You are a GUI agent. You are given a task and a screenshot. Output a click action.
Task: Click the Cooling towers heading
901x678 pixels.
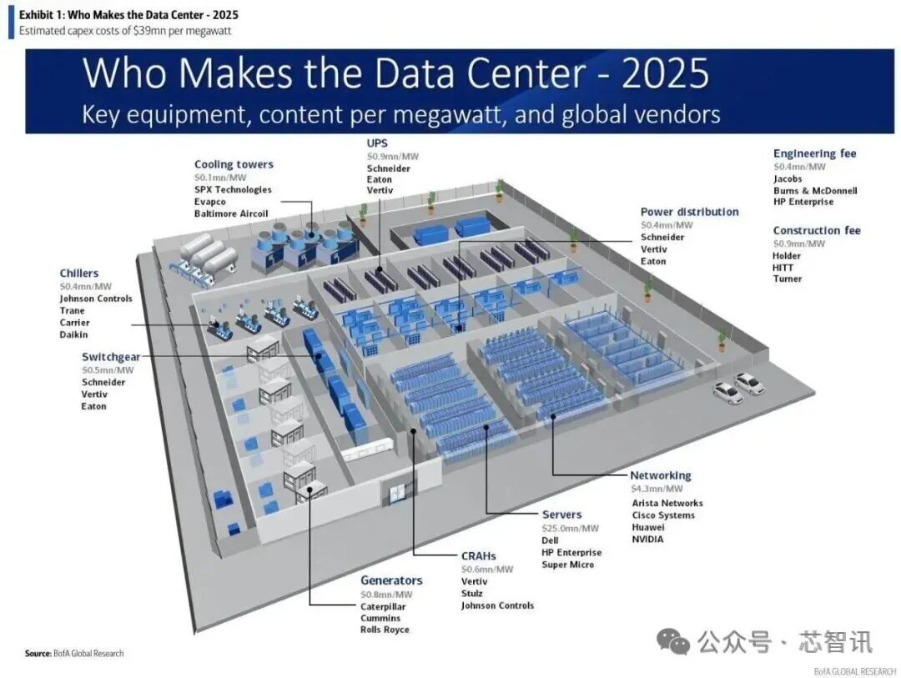click(234, 164)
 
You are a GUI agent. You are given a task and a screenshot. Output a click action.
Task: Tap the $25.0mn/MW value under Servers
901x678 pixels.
click(570, 528)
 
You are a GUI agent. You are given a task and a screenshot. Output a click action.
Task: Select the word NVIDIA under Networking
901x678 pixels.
click(648, 539)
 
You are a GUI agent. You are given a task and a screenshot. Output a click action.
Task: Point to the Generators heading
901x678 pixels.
click(391, 580)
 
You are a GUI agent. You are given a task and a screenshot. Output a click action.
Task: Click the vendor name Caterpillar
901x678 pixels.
click(383, 606)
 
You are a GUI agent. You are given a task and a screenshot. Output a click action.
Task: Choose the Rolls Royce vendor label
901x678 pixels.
click(385, 630)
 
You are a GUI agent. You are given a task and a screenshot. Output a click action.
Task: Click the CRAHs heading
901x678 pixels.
click(478, 555)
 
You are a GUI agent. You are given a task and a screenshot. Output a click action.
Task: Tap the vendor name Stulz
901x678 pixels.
click(473, 594)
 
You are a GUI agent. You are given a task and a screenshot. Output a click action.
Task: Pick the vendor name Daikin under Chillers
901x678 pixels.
click(74, 334)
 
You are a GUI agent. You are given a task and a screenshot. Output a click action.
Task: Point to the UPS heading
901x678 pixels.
click(377, 143)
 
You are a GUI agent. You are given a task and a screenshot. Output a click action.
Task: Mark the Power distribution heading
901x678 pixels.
click(689, 212)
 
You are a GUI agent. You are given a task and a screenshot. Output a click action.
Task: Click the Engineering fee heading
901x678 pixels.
click(814, 153)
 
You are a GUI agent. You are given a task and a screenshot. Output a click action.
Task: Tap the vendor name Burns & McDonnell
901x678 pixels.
click(814, 190)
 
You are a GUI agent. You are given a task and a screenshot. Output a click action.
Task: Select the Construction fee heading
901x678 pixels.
click(816, 230)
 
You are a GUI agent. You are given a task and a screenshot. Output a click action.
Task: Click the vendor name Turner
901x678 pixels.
click(787, 279)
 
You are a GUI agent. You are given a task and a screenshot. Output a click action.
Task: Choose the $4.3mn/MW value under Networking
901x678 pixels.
click(656, 489)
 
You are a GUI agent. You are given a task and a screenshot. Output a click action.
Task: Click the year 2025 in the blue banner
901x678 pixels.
click(666, 73)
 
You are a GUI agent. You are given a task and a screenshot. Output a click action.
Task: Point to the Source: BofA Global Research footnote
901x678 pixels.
click(74, 653)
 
